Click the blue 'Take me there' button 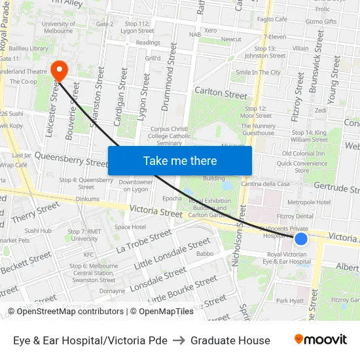tap(180, 161)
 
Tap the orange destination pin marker tap(58, 70)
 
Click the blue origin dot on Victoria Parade tap(301, 239)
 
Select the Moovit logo tap(320, 340)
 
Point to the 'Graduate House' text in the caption tap(230, 340)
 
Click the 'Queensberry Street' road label tap(71, 159)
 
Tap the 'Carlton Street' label tap(221, 94)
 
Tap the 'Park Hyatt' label tap(290, 301)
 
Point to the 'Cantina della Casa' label tap(265, 184)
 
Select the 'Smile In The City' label tap(258, 72)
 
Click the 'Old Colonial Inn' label tap(303, 153)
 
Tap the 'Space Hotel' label tap(130, 227)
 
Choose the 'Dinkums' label tap(87, 199)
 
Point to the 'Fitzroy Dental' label tap(295, 216)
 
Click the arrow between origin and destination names tap(179, 340)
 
